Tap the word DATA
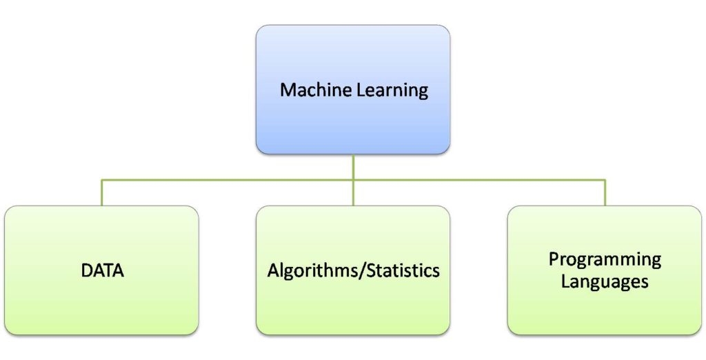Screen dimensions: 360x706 (102, 270)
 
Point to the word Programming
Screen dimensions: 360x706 (605, 259)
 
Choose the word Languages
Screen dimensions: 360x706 (605, 281)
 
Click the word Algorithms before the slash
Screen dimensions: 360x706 (312, 270)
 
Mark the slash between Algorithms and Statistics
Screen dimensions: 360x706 (361, 270)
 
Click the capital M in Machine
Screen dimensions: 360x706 (287, 90)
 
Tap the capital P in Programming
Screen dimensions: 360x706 (553, 259)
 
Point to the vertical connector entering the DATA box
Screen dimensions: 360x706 (102, 194)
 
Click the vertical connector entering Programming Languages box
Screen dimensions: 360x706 (605, 194)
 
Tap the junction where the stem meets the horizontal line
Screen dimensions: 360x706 (353, 181)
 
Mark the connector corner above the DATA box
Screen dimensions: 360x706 (102, 181)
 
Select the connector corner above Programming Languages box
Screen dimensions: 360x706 (605, 181)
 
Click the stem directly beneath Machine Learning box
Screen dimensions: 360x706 (353, 166)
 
